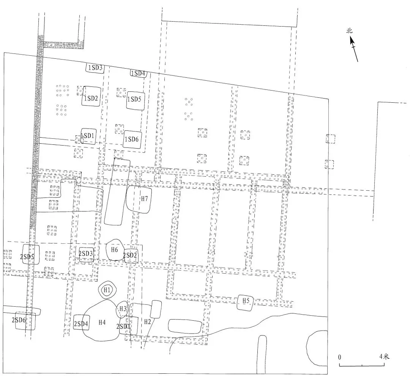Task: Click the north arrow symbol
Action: pyautogui.click(x=354, y=49)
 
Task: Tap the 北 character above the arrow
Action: pyautogui.click(x=349, y=31)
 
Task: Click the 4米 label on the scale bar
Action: pyautogui.click(x=384, y=356)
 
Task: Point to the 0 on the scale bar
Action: pyautogui.click(x=340, y=357)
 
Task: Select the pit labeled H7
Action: pyautogui.click(x=139, y=199)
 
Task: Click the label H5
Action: pyautogui.click(x=246, y=301)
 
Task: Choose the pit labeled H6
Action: pyautogui.click(x=115, y=250)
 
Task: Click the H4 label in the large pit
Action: pyautogui.click(x=102, y=323)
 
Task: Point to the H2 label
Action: pyautogui.click(x=147, y=322)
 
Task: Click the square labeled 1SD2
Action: pyautogui.click(x=91, y=96)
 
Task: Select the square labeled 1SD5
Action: pyautogui.click(x=136, y=100)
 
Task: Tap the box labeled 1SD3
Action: pyautogui.click(x=95, y=68)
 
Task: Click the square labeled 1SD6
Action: pyautogui.click(x=132, y=139)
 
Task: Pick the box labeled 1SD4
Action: pyautogui.click(x=138, y=74)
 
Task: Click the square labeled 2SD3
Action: pyautogui.click(x=86, y=254)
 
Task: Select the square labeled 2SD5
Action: pyautogui.click(x=31, y=254)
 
